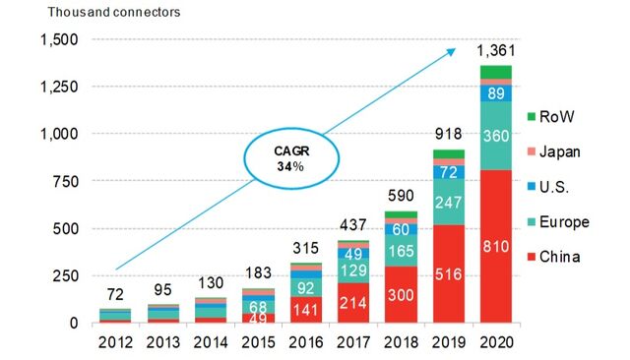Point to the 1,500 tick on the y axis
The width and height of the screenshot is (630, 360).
pyautogui.click(x=62, y=39)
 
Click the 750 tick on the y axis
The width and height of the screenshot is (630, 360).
pyautogui.click(x=72, y=181)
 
